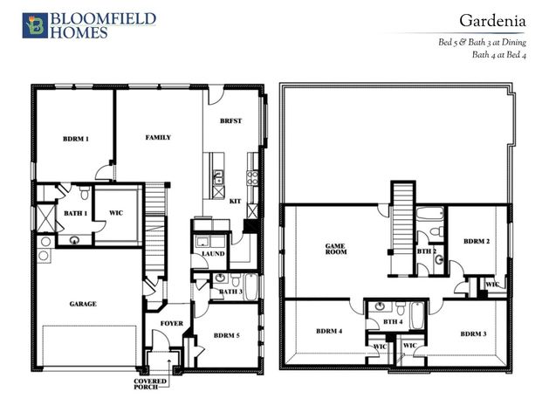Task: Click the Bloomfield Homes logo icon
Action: click(35, 25)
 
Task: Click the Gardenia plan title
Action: click(492, 21)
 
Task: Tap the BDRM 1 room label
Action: click(76, 139)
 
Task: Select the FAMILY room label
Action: click(158, 138)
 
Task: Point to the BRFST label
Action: click(231, 121)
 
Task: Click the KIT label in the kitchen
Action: click(235, 201)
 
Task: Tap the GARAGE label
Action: click(83, 304)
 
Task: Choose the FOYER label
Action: click(172, 324)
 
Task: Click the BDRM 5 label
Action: click(226, 335)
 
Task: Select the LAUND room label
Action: click(213, 254)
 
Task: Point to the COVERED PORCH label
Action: click(150, 384)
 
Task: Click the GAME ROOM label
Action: click(336, 249)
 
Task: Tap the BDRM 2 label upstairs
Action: click(477, 241)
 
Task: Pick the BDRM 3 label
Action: click(473, 334)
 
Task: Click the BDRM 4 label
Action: click(329, 331)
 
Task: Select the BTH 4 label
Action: click(393, 322)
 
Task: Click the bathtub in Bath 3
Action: click(251, 286)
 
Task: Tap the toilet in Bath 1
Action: click(84, 193)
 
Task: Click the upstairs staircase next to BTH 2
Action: click(402, 229)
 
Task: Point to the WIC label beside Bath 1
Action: click(116, 213)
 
